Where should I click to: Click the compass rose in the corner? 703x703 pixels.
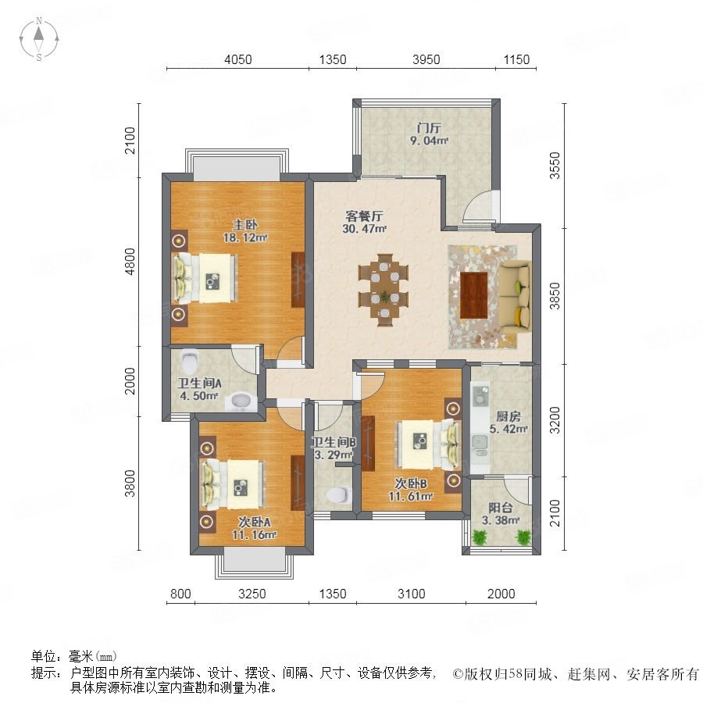tap(39, 39)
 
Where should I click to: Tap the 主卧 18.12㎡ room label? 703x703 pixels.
tap(245, 231)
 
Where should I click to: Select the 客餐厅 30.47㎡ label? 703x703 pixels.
tap(364, 223)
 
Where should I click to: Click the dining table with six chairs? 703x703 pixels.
tap(384, 290)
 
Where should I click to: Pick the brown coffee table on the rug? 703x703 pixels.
tap(474, 295)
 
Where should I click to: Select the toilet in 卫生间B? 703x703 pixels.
tap(337, 495)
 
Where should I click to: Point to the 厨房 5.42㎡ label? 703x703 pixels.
tap(509, 423)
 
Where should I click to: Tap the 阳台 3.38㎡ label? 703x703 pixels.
tap(501, 514)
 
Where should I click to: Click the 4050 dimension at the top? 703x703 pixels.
tap(238, 59)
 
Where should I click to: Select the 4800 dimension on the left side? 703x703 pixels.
tap(130, 262)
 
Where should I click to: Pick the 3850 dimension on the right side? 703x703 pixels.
tap(555, 296)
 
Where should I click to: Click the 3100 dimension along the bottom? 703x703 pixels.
tap(412, 594)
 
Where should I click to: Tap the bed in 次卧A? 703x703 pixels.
tap(233, 484)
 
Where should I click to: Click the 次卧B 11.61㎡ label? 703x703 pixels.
tap(411, 490)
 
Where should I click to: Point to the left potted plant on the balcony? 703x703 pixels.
tap(480, 537)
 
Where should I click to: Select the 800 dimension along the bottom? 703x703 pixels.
tap(180, 594)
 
